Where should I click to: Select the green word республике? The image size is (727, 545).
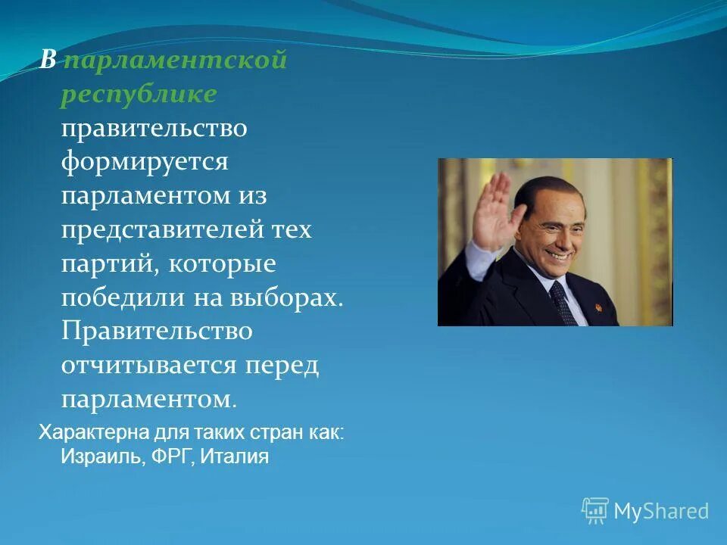pos(139,94)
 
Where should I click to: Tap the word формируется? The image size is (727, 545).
pos(145,161)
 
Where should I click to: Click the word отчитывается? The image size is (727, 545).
pos(150,365)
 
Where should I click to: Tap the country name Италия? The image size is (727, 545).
pos(236,456)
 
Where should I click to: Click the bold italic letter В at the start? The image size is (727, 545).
pos(48,61)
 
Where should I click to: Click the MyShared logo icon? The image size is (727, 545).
pos(594,510)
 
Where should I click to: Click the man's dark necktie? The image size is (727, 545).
pos(562,303)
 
